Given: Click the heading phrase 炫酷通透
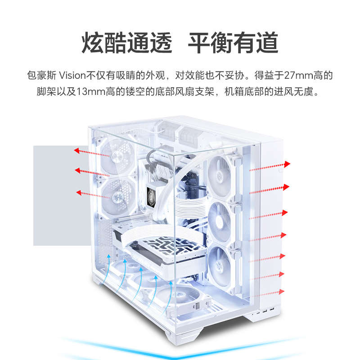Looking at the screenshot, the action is [x=127, y=44].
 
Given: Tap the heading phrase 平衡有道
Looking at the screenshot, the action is [x=233, y=44].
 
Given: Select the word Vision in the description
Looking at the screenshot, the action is [x=72, y=75].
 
